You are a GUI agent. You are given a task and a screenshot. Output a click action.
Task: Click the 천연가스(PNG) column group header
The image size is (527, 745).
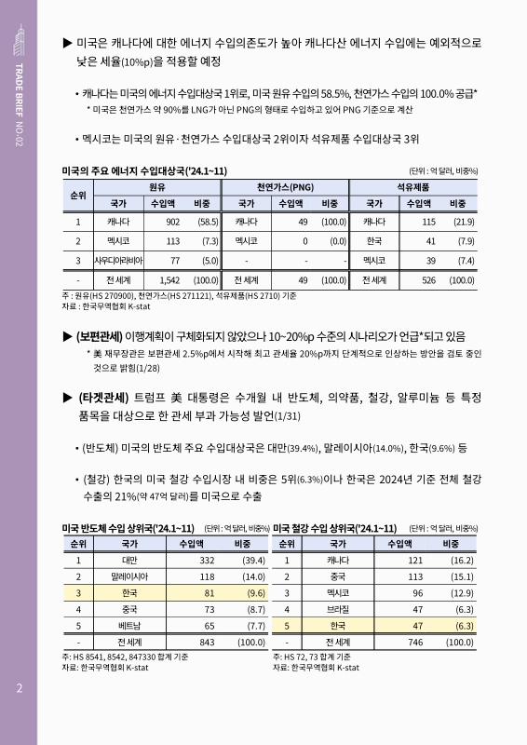coord(284,186)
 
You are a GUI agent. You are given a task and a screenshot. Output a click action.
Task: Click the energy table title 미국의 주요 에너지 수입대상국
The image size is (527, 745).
coord(143,169)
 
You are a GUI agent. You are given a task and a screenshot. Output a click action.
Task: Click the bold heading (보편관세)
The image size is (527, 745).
coord(105,336)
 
